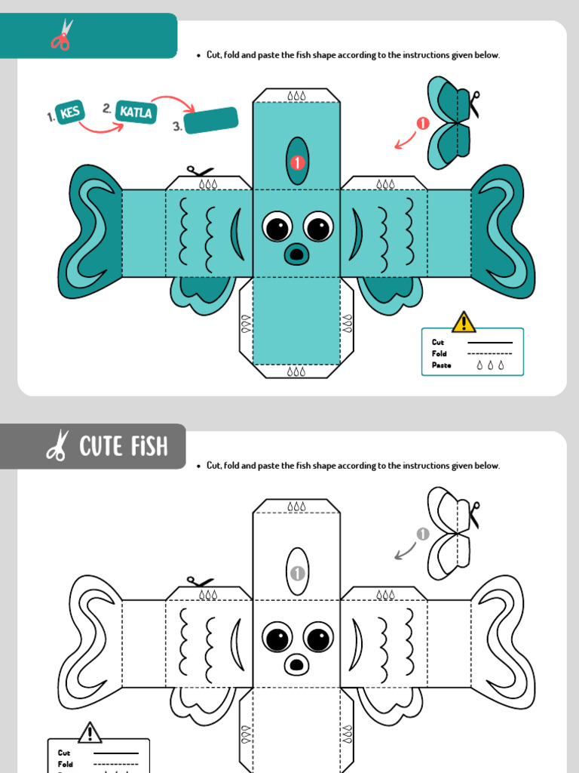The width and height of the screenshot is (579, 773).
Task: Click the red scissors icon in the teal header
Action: (x=62, y=35)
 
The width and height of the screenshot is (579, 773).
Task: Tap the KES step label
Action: (x=69, y=113)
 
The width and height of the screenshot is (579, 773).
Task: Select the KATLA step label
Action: (x=136, y=112)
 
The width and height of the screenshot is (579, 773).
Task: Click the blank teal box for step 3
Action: (x=211, y=120)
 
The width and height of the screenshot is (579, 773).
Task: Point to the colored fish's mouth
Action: (x=296, y=254)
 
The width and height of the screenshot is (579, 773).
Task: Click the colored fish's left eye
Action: (x=277, y=226)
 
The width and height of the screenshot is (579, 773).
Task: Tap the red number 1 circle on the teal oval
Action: (x=298, y=162)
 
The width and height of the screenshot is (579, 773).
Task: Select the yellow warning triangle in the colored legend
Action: (x=464, y=322)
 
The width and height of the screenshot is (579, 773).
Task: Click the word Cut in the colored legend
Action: (x=438, y=343)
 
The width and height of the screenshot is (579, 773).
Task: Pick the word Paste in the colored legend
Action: (x=441, y=365)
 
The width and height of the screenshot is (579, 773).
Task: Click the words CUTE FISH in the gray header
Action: (x=124, y=447)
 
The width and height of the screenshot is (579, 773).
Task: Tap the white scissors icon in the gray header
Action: (x=57, y=446)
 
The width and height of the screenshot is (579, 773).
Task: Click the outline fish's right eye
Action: (x=317, y=637)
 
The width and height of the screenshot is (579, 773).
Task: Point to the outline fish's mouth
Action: (x=296, y=664)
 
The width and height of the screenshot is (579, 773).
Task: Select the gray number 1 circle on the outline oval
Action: (x=298, y=573)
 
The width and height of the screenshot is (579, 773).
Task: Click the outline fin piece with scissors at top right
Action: (x=449, y=533)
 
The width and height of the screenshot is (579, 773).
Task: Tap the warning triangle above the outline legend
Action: (x=90, y=732)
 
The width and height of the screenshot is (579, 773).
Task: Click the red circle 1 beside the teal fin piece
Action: (x=423, y=124)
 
